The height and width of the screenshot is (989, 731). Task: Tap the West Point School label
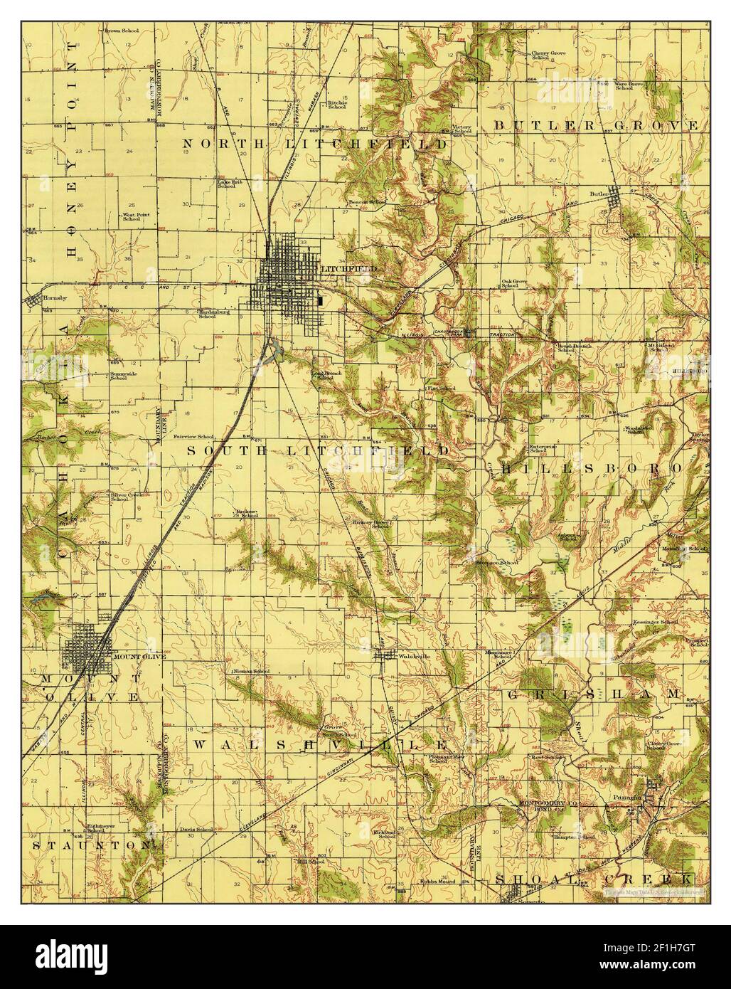pos(132,216)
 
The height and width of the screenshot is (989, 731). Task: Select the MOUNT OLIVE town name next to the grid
pos(139,657)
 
